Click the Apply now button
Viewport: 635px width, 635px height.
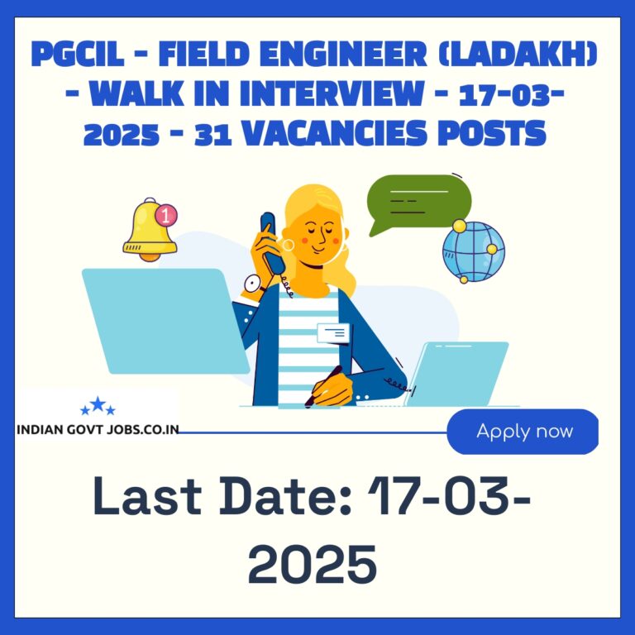pos(523,432)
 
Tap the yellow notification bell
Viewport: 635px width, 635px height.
pos(150,230)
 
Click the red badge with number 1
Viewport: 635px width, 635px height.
pos(166,215)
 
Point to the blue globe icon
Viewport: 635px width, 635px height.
pos(474,251)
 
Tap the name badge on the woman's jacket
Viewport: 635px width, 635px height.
pos(333,333)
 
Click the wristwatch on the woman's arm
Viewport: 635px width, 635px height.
pos(254,284)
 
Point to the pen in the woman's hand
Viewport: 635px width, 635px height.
pos(322,386)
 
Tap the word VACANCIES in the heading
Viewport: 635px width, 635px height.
pos(335,133)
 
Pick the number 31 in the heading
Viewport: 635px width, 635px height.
pos(213,134)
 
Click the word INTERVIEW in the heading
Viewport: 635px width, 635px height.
pos(332,93)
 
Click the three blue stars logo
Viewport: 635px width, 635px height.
pos(98,406)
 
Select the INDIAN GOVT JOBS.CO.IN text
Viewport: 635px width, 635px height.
pos(98,430)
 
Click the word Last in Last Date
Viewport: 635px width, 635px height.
pos(147,496)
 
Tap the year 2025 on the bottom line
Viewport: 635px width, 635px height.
pos(313,564)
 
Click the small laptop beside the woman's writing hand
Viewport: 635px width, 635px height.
pos(456,375)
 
